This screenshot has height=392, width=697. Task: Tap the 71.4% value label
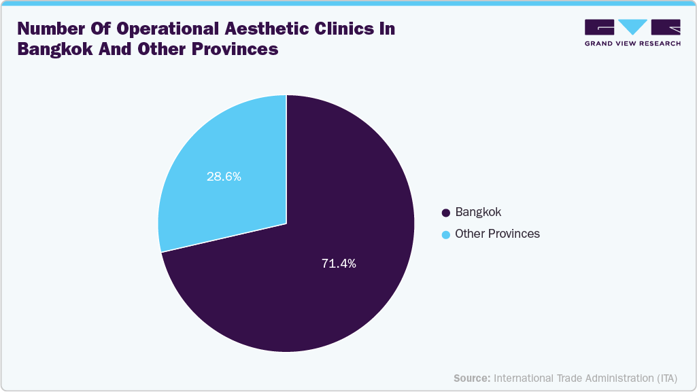click(339, 264)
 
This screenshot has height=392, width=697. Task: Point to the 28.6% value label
click(224, 177)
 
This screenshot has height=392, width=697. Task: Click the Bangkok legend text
click(478, 212)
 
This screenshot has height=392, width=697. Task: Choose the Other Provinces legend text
click(497, 234)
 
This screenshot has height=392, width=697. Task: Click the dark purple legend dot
click(446, 213)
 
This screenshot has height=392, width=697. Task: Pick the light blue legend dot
click(446, 234)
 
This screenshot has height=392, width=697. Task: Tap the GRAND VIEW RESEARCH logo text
click(632, 43)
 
